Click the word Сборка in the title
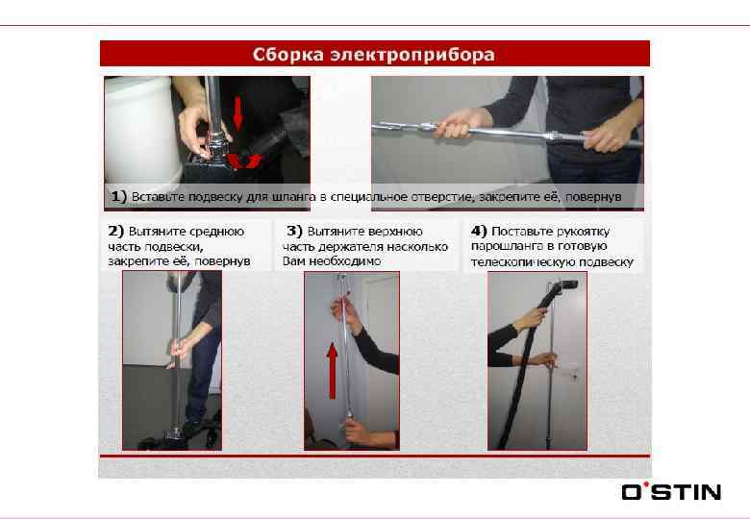click(x=287, y=55)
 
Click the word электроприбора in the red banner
click(x=412, y=55)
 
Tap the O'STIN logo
click(x=671, y=491)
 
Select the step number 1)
click(x=118, y=196)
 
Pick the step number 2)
click(x=115, y=232)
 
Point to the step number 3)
click(x=294, y=232)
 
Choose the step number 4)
click(x=479, y=232)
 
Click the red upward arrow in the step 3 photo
click(x=332, y=370)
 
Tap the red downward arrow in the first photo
click(x=237, y=112)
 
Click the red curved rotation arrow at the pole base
click(x=244, y=161)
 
